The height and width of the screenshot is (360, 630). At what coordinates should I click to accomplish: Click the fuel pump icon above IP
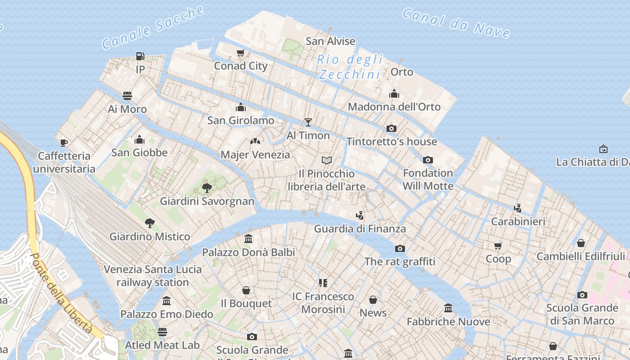coord(140,56)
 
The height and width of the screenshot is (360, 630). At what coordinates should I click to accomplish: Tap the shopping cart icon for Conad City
coord(241,53)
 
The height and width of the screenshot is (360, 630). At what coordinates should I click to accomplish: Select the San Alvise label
coord(330,41)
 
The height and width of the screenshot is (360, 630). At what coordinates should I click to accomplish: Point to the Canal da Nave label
coord(456,22)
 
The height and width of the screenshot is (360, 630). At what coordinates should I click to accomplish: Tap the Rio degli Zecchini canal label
coord(350,67)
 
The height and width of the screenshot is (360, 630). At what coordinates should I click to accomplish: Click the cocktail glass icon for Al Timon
coord(308,122)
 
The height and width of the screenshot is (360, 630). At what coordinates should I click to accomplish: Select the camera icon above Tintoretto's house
coord(391,128)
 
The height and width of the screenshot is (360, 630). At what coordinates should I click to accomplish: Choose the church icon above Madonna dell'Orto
coord(394,94)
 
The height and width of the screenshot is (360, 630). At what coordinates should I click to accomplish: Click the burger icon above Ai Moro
coord(127,96)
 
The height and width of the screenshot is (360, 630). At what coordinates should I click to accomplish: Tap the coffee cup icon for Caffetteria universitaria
coord(64,143)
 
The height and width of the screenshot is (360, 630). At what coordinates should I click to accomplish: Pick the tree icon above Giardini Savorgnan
coord(207,188)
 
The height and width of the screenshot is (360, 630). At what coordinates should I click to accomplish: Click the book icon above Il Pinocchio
coord(327,160)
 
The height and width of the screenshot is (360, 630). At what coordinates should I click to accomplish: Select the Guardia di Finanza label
coord(360,229)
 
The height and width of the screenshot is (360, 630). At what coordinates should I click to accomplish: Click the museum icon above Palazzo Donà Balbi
coord(248,238)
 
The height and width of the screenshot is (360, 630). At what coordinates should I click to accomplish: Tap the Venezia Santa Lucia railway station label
coord(153,276)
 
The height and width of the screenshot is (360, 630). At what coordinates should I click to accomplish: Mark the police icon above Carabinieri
coord(518,208)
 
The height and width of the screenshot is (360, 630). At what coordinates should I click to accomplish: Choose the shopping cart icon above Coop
coord(498,246)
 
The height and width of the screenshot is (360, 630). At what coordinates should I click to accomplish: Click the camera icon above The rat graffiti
coord(400,248)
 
